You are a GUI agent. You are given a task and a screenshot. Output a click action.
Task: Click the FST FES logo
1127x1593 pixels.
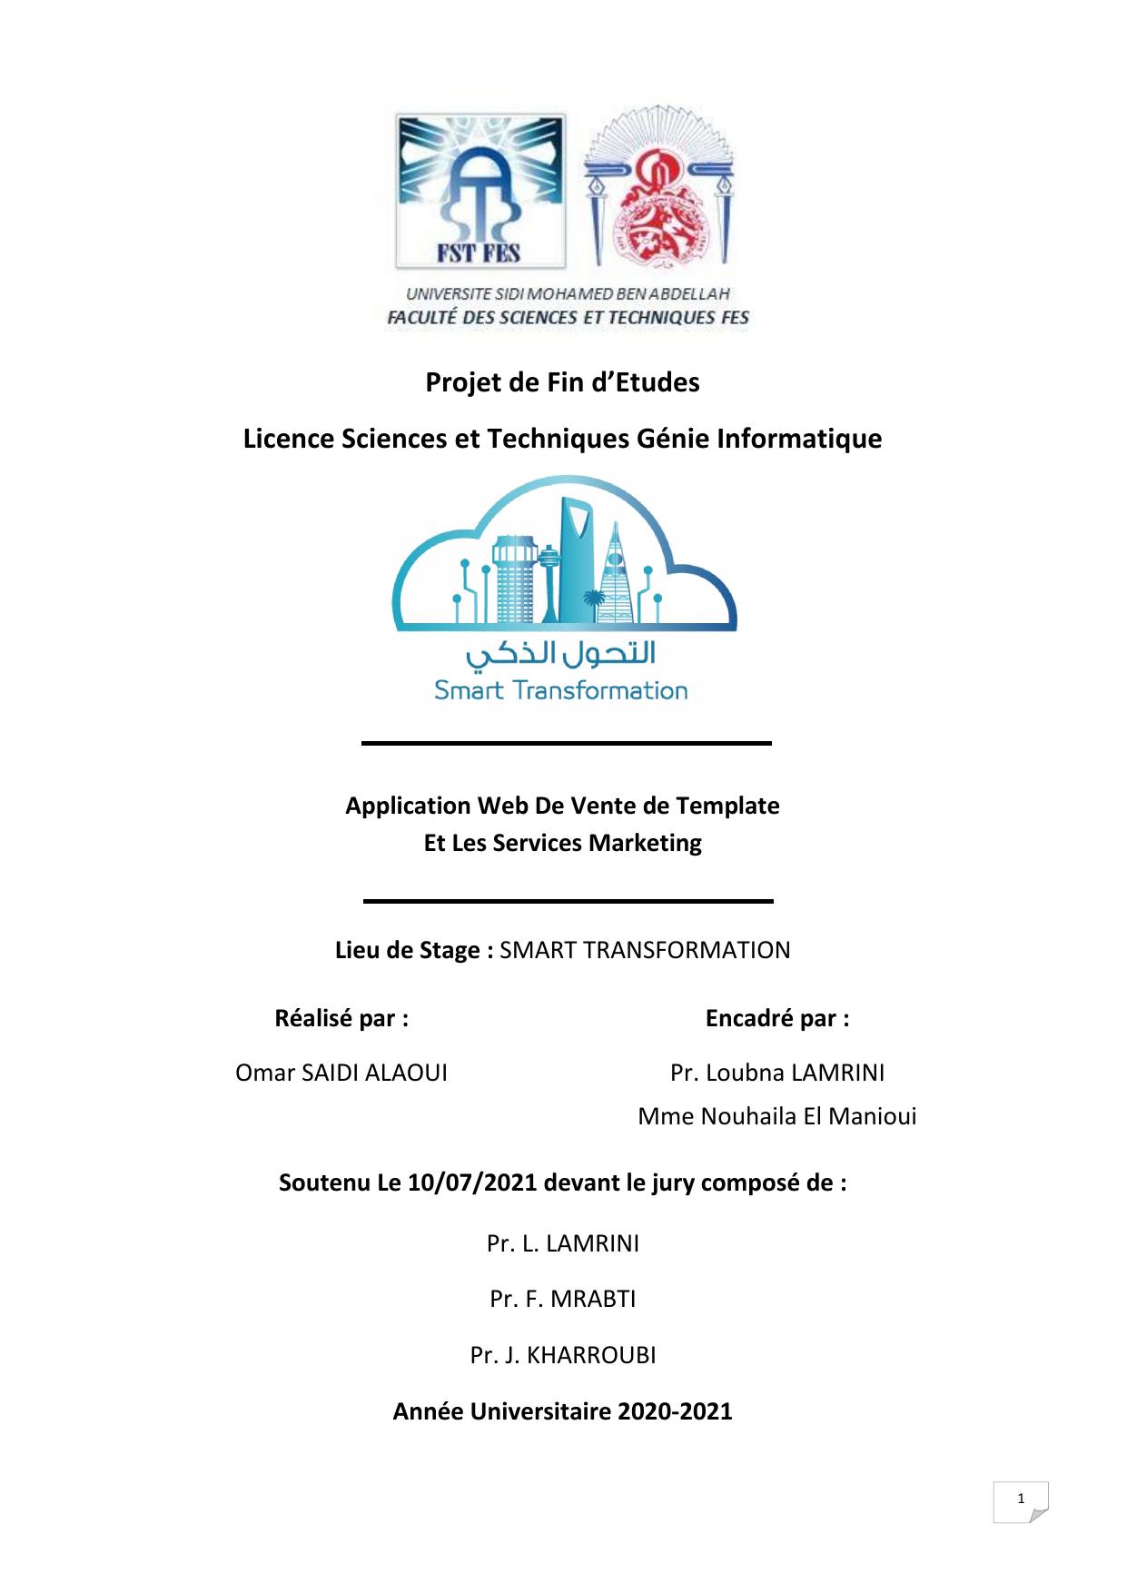coord(479,191)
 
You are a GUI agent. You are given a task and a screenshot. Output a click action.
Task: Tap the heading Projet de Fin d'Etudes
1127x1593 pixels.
coord(562,382)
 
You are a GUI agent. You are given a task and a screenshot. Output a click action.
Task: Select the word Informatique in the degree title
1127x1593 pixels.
coord(799,439)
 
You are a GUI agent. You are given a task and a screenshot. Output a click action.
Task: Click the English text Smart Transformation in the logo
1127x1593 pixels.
coord(560,690)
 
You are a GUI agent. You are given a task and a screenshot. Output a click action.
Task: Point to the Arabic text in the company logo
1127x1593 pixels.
coord(560,653)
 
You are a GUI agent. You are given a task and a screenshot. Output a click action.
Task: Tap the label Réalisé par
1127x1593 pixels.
coord(341,1018)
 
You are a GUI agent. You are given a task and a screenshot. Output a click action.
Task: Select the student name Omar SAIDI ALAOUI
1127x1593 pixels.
coord(341,1073)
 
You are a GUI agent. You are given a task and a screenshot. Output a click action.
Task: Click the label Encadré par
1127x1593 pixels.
coord(777,1018)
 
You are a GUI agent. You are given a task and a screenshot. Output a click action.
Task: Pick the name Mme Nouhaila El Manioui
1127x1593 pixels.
coord(777,1116)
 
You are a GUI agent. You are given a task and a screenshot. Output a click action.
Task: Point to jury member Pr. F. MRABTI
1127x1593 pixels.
coord(563,1299)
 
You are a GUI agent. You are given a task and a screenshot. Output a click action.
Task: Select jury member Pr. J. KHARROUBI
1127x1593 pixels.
coord(563,1355)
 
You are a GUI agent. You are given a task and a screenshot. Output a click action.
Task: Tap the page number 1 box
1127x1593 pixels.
coord(1021,1500)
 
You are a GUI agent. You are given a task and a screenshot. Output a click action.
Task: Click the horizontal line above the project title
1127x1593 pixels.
coord(567,743)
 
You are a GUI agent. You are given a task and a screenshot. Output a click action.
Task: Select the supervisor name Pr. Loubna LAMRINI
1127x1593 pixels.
coord(777,1073)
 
